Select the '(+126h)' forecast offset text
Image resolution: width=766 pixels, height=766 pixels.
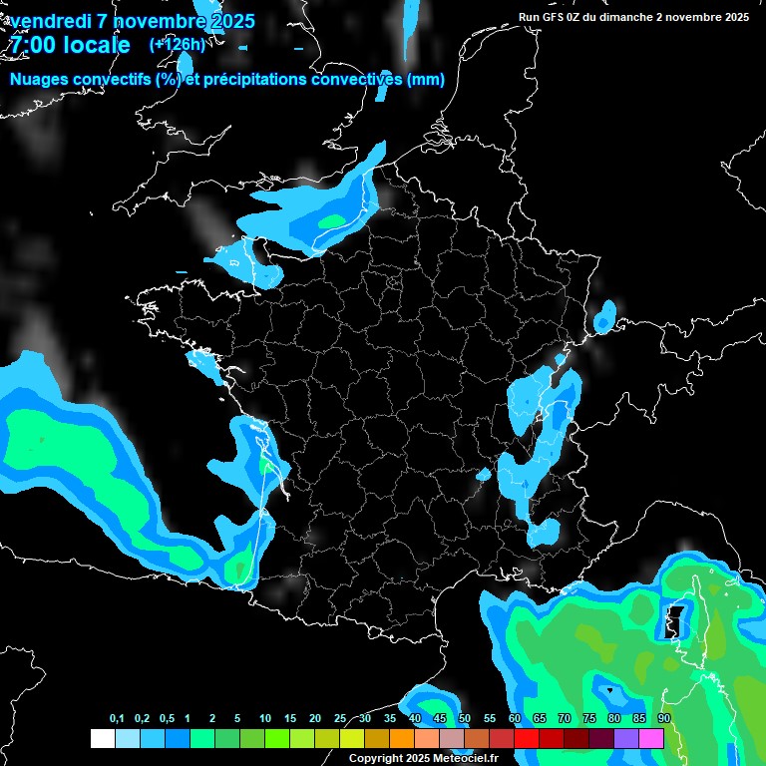coord(177,44)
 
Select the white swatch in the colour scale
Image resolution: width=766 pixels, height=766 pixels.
coord(102,738)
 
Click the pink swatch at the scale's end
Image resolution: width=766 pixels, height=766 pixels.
coord(651,738)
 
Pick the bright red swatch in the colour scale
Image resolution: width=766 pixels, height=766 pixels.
coord(527,738)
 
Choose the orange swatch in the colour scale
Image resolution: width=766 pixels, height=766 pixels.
coord(402,738)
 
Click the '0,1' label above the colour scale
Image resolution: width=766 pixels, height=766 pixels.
coord(117,719)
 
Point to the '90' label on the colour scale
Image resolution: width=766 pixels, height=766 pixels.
coord(664,719)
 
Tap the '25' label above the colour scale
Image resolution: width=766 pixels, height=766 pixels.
coord(340,719)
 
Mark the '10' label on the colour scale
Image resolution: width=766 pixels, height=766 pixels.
coord(265,719)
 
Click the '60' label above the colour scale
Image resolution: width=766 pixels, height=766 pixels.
coord(515,719)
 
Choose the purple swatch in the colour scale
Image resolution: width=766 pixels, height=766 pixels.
coord(626,738)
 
